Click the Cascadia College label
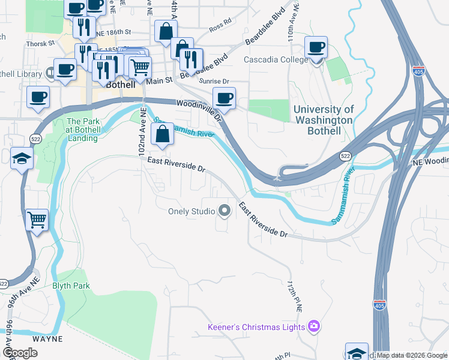point(276,60)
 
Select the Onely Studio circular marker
point(225,211)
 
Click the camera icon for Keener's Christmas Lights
point(313,327)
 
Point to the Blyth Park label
point(71,286)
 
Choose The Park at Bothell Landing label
point(82,130)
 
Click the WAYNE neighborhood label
point(47,339)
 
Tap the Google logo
point(20,353)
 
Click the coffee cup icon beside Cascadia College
point(316,47)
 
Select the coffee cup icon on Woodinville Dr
point(224,98)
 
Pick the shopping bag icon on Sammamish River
point(162,134)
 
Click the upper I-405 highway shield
point(419,71)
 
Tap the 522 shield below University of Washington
point(345,156)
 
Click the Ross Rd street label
point(220,26)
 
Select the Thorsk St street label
point(40,44)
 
